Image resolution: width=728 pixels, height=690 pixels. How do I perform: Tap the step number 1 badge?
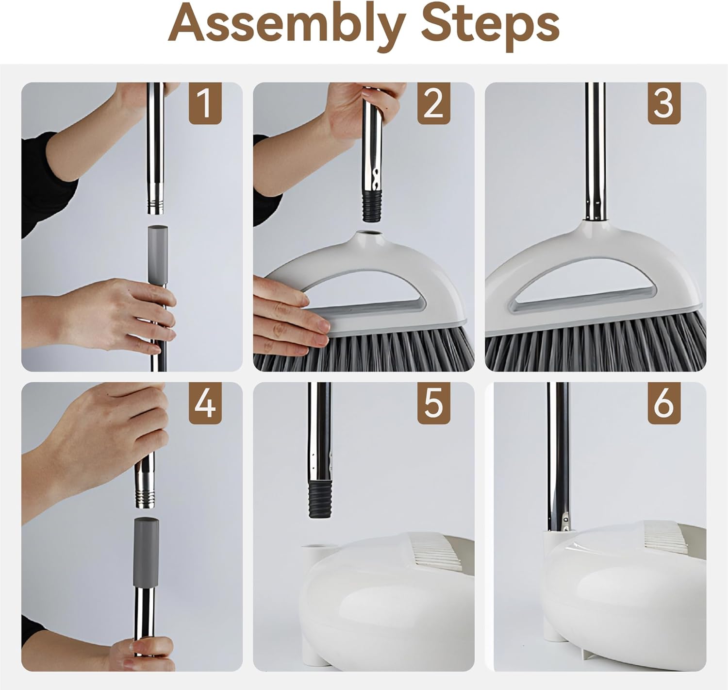click(x=205, y=103)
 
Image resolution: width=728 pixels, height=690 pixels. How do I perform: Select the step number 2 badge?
click(x=433, y=103)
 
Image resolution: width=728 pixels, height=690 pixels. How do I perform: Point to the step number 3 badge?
click(x=664, y=103)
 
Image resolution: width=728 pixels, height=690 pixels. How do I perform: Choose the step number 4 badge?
click(x=205, y=403)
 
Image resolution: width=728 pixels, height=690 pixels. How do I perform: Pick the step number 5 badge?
click(x=433, y=403)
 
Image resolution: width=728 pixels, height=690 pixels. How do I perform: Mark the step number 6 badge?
click(x=664, y=403)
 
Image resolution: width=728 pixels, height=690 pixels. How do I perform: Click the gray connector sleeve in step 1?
click(x=157, y=254)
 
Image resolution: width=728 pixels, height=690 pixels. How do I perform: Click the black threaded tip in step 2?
click(x=371, y=207)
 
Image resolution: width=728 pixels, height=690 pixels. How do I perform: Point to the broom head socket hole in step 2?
click(x=372, y=234)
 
